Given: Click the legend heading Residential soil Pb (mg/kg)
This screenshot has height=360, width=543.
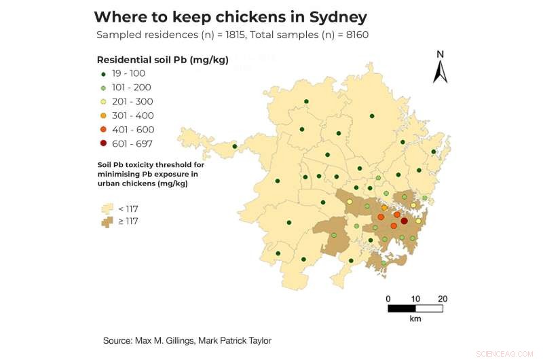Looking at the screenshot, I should [x=163, y=60].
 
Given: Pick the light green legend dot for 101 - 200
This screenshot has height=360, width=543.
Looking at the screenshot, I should [x=103, y=88].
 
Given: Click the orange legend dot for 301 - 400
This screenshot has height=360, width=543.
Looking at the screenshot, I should [x=103, y=115].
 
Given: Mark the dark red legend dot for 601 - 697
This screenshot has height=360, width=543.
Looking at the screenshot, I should [x=103, y=143].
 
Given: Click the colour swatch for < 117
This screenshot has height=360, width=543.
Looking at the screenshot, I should [x=107, y=209].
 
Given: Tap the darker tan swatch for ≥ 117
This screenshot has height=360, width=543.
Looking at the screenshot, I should [x=107, y=221].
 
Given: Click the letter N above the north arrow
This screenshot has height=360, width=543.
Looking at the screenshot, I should [x=441, y=54].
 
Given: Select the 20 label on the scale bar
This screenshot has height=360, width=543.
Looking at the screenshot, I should [x=443, y=299].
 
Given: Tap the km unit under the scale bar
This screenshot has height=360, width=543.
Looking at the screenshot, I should [x=415, y=318].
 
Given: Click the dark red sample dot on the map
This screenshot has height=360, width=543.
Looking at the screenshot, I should [x=405, y=221].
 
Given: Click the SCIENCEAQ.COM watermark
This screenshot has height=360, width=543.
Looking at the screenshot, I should [x=506, y=353].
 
